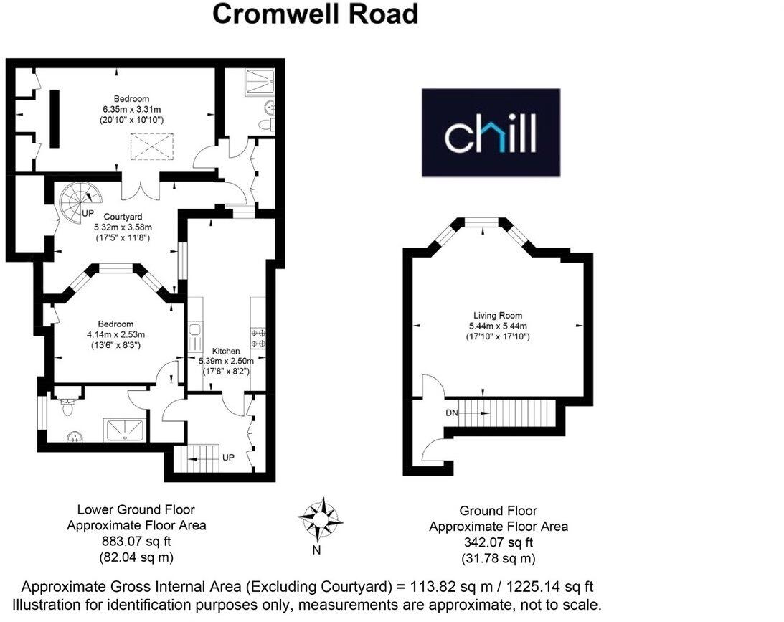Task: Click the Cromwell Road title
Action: [316, 14]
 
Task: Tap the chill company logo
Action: [491, 133]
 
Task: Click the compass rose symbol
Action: [321, 518]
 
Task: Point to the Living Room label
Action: [497, 315]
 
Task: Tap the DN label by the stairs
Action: [451, 413]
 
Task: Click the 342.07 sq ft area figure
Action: [498, 542]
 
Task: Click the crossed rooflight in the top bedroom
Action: [152, 149]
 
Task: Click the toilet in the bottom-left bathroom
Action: [67, 407]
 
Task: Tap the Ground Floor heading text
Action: [498, 511]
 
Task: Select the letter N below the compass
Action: [316, 551]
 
